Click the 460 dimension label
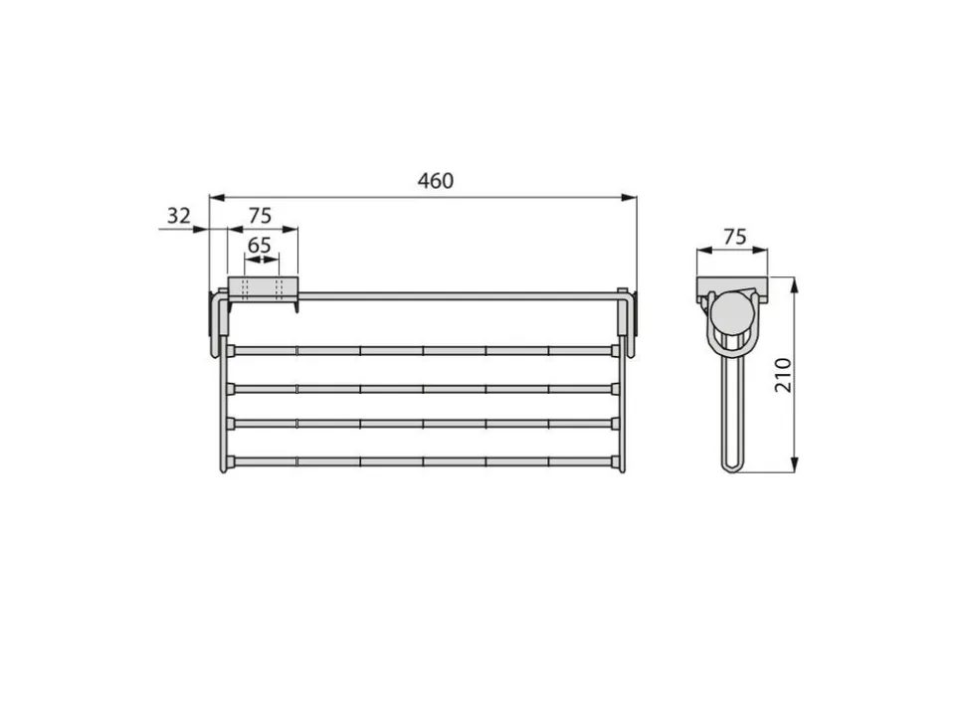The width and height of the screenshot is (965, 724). [x=436, y=181]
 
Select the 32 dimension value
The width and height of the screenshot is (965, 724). [x=178, y=216]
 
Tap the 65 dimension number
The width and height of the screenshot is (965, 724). [x=259, y=246]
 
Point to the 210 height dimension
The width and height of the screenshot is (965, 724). [x=784, y=375]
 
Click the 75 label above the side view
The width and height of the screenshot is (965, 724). [x=735, y=237]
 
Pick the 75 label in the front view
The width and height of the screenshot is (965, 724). [x=260, y=216]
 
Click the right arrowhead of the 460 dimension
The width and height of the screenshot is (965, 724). [x=629, y=198]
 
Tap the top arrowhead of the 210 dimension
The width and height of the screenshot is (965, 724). [x=795, y=284]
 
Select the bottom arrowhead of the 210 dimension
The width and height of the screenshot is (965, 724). [x=795, y=465]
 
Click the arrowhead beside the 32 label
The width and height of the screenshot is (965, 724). [x=201, y=230]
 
